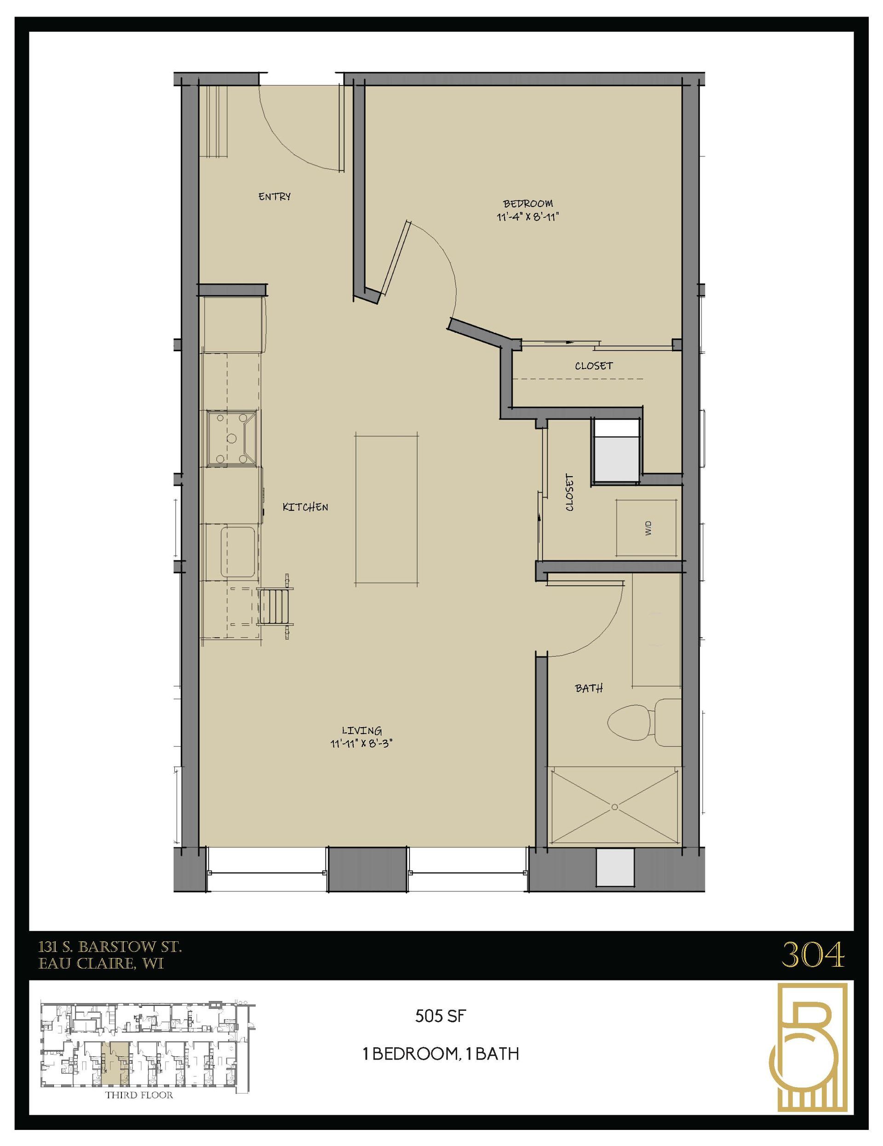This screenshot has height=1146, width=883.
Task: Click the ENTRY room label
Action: pos(274,197)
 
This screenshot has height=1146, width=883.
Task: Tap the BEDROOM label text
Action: pos(528,204)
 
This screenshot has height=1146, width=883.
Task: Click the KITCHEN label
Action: pos(305,507)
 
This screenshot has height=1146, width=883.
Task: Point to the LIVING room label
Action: pos(361,730)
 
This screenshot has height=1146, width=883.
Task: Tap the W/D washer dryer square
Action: pos(647,528)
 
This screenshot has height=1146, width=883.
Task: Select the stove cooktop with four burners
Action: pos(231,439)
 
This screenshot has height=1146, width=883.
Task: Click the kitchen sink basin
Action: pos(238,553)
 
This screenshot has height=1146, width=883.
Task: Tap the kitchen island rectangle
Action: pos(386,509)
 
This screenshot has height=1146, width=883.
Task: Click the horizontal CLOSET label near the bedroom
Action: pos(594,366)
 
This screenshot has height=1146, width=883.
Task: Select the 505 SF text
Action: pos(440,1016)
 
